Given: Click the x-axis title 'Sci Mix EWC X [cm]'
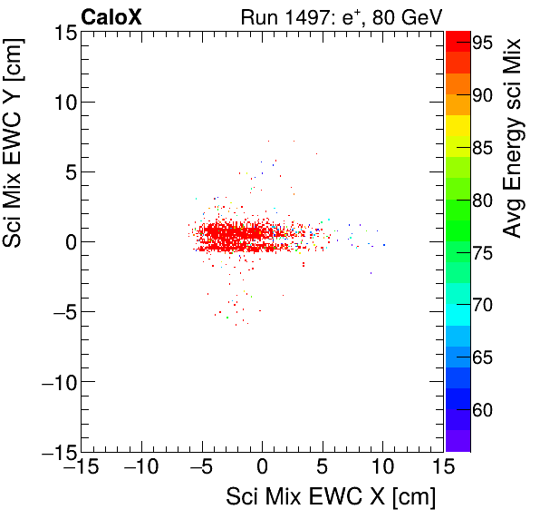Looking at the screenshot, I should (331, 496).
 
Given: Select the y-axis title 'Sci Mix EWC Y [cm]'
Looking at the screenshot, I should (15, 162).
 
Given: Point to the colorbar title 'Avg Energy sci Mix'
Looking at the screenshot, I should (513, 138).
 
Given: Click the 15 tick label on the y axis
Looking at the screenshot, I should (64, 33).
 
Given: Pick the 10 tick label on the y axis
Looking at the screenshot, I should (64, 103).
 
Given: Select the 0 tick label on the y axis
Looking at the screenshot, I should (70, 242).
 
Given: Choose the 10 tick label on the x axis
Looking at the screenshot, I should (383, 468).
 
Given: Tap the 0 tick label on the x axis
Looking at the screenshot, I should (263, 468).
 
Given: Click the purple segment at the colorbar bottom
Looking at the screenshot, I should (457, 440).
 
